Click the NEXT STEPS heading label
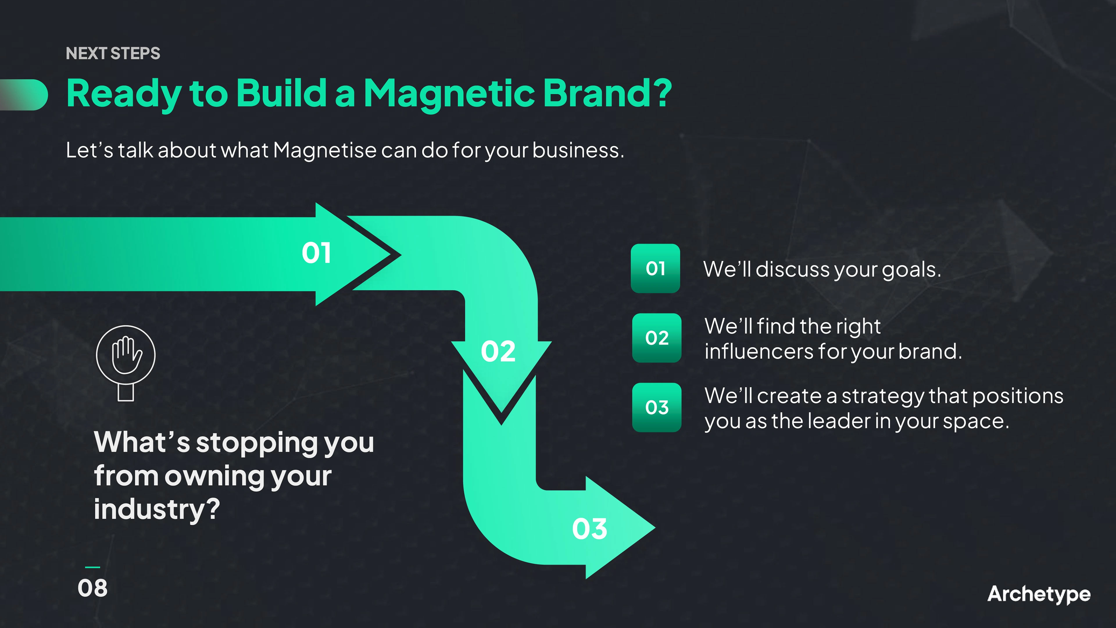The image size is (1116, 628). (x=113, y=53)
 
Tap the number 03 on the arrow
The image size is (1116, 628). (x=590, y=529)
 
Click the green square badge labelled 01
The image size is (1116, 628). (x=655, y=268)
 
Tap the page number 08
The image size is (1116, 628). (x=93, y=588)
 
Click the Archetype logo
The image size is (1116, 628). (x=1039, y=595)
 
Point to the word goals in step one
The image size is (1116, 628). (x=911, y=270)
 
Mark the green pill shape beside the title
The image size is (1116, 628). (x=24, y=95)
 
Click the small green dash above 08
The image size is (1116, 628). (x=93, y=567)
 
